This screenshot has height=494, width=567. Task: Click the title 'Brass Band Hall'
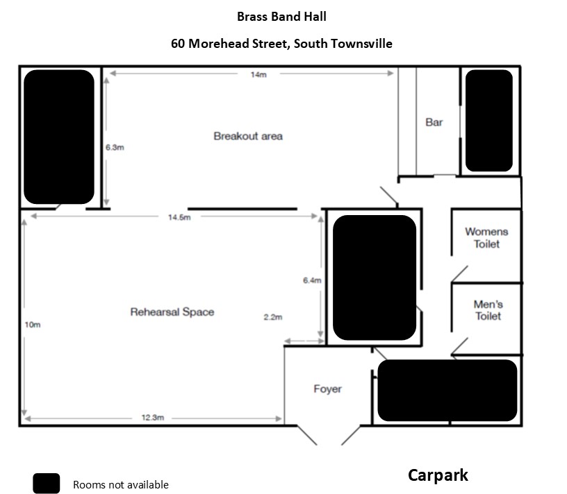(281, 17)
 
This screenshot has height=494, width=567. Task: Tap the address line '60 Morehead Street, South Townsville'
(281, 44)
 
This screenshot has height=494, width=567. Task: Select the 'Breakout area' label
(248, 136)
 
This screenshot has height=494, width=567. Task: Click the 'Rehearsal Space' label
(172, 312)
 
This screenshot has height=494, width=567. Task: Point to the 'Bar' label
(434, 122)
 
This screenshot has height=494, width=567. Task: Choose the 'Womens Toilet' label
(486, 238)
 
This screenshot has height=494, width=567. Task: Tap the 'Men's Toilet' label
(488, 310)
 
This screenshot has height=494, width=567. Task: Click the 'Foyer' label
(327, 389)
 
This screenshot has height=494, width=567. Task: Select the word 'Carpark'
(438, 475)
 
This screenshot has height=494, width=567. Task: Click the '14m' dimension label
(258, 75)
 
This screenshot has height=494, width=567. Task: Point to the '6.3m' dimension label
(115, 147)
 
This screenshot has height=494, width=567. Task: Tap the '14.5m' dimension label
(179, 217)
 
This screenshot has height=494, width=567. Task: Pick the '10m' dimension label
(33, 324)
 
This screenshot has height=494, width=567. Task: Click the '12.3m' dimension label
(152, 418)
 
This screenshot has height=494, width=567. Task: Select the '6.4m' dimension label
(312, 280)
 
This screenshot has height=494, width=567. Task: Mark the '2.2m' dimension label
(273, 317)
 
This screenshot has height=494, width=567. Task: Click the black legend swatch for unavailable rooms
(47, 484)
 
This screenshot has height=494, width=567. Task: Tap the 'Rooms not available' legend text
(120, 485)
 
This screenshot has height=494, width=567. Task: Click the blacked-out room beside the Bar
(489, 121)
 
